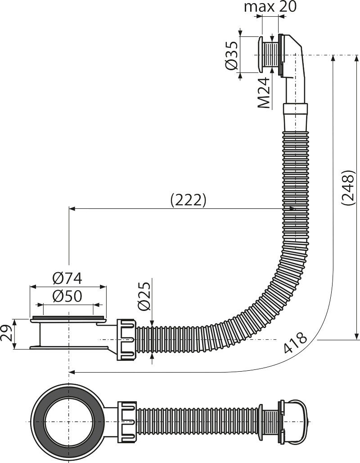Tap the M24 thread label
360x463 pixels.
265,93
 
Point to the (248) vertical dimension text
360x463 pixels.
348,188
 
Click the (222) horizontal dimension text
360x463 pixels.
188,200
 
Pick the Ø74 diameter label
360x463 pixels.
67,279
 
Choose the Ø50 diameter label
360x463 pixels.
67,297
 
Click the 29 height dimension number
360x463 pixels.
6,334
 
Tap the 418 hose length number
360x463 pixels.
295,344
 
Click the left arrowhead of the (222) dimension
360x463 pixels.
71,209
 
